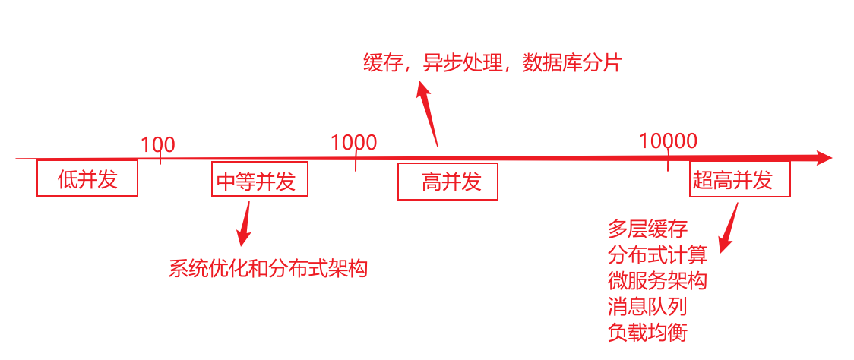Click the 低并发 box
click(87, 178)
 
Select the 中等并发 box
click(260, 180)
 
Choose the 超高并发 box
click(740, 180)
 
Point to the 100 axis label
click(158, 144)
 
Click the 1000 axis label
click(354, 142)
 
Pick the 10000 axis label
click(668, 141)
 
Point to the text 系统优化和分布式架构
click(267, 268)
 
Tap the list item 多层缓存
click(647, 229)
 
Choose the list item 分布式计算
click(657, 254)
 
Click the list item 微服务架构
click(657, 280)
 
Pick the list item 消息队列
click(647, 306)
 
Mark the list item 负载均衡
click(647, 332)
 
